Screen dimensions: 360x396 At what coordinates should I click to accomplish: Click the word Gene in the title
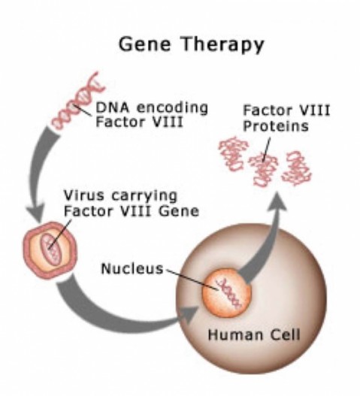click(x=144, y=44)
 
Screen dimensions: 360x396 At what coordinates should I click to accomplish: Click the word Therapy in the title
click(x=222, y=45)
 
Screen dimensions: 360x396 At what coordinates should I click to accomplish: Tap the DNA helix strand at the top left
click(x=78, y=101)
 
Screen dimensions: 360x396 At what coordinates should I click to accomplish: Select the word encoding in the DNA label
click(x=172, y=108)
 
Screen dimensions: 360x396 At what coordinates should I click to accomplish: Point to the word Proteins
click(x=276, y=125)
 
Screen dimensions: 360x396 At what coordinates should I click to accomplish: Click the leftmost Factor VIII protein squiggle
click(x=234, y=154)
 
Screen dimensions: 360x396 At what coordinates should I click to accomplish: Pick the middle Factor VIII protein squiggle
click(x=263, y=170)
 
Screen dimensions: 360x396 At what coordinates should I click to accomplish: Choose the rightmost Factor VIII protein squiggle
click(x=297, y=168)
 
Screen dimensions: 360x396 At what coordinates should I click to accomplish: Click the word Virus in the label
click(x=83, y=195)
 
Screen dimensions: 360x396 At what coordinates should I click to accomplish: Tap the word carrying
click(x=144, y=196)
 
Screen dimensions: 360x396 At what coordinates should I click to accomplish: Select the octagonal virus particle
click(x=50, y=249)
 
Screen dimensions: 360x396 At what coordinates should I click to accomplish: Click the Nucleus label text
click(x=132, y=268)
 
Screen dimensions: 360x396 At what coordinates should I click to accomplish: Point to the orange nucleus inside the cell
click(x=227, y=292)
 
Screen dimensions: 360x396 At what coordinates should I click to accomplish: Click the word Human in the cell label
click(x=235, y=335)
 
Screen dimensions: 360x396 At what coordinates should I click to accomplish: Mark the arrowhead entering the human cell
click(x=190, y=315)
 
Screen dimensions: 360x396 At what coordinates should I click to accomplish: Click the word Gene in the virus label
click(x=179, y=211)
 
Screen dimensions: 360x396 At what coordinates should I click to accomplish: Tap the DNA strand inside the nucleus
click(x=229, y=293)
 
